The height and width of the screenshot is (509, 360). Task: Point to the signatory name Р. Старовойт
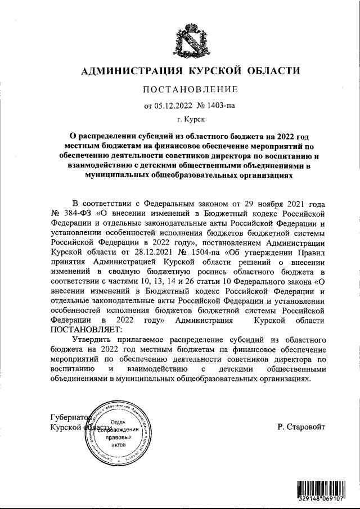pos(301,427)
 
